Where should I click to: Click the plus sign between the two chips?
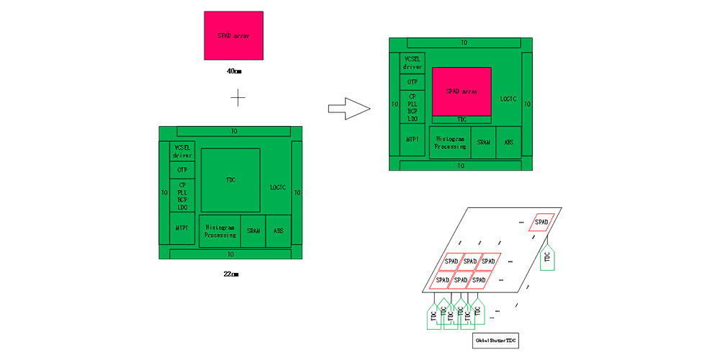pyautogui.click(x=238, y=97)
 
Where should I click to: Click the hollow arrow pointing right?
pyautogui.click(x=348, y=109)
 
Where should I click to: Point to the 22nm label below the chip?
pyautogui.click(x=231, y=274)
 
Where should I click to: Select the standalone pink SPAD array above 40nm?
pyautogui.click(x=233, y=35)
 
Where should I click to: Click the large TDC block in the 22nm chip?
pyautogui.click(x=230, y=180)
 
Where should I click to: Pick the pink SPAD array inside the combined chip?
pyautogui.click(x=462, y=91)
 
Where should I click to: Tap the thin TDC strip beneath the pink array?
pyautogui.click(x=462, y=120)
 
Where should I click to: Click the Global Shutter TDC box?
pyautogui.click(x=497, y=339)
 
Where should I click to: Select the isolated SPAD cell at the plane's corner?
pyautogui.click(x=541, y=222)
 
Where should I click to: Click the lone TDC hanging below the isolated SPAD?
pyautogui.click(x=547, y=257)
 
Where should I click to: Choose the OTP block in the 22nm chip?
pyautogui.click(x=182, y=170)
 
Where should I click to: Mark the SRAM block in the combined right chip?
pyautogui.click(x=483, y=143)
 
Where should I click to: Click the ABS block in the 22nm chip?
pyautogui.click(x=278, y=231)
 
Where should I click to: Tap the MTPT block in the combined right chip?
pyautogui.click(x=413, y=139)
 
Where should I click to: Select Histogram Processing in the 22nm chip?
pyautogui.click(x=220, y=231)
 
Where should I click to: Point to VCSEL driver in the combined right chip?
pyautogui.click(x=413, y=63)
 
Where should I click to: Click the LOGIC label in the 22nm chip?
pyautogui.click(x=278, y=188)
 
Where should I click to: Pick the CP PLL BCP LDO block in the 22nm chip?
pyautogui.click(x=182, y=196)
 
